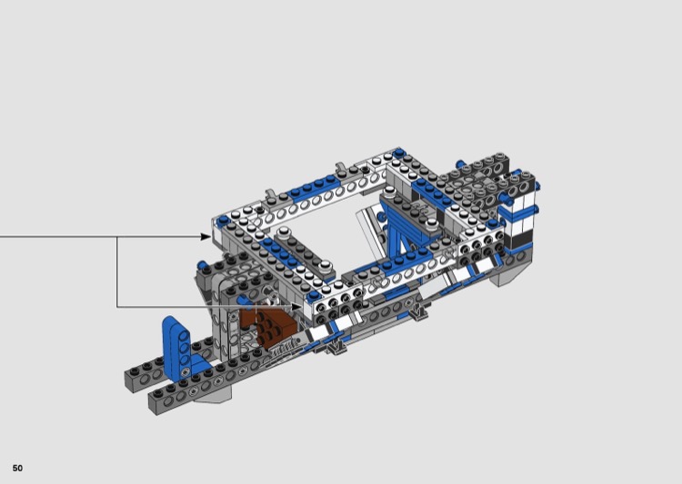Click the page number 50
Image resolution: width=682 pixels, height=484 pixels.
click(x=17, y=468)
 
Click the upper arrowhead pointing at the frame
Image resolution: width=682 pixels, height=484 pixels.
click(x=206, y=236)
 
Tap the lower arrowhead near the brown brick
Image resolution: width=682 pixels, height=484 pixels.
click(x=296, y=307)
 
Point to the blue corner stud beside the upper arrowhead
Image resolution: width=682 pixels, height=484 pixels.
click(x=224, y=220)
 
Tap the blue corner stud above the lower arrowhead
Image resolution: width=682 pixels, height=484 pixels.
click(x=313, y=296)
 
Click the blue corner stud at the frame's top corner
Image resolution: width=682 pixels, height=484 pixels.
click(x=399, y=153)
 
